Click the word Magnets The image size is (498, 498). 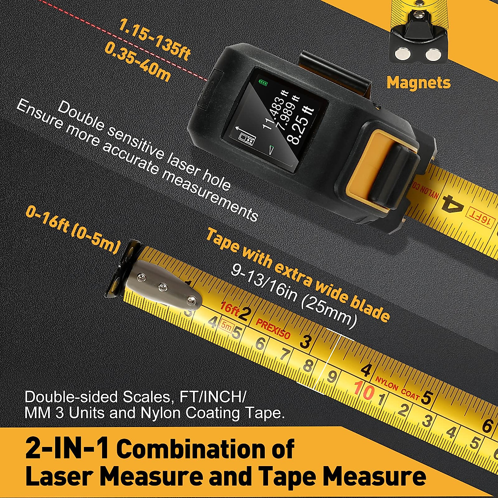point(418,83)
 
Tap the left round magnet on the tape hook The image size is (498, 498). point(402,54)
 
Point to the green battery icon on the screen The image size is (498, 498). point(263,83)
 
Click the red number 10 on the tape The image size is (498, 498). point(364,391)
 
